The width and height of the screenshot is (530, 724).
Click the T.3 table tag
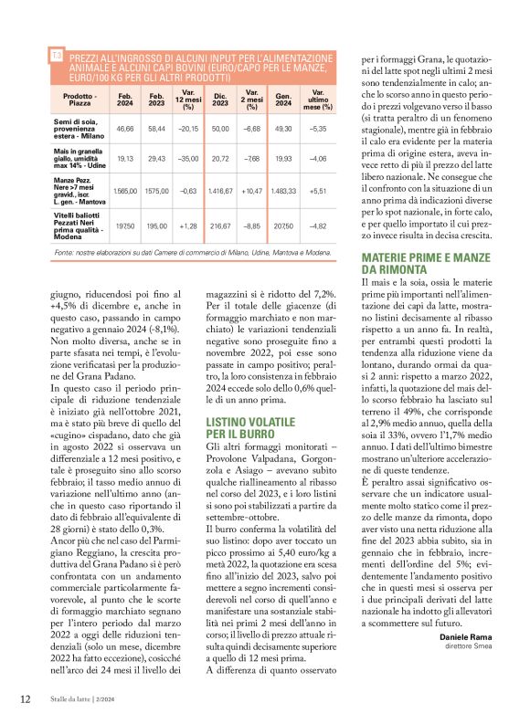tap(57, 57)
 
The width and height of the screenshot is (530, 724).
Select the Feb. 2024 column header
tap(125, 100)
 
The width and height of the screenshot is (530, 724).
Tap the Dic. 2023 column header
tap(219, 100)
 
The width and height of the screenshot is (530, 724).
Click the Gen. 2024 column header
tap(283, 100)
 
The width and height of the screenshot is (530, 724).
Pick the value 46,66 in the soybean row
tap(125, 130)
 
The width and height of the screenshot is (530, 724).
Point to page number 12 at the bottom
tap(25, 700)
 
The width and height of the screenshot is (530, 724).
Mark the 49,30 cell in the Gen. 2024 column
tap(283, 130)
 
